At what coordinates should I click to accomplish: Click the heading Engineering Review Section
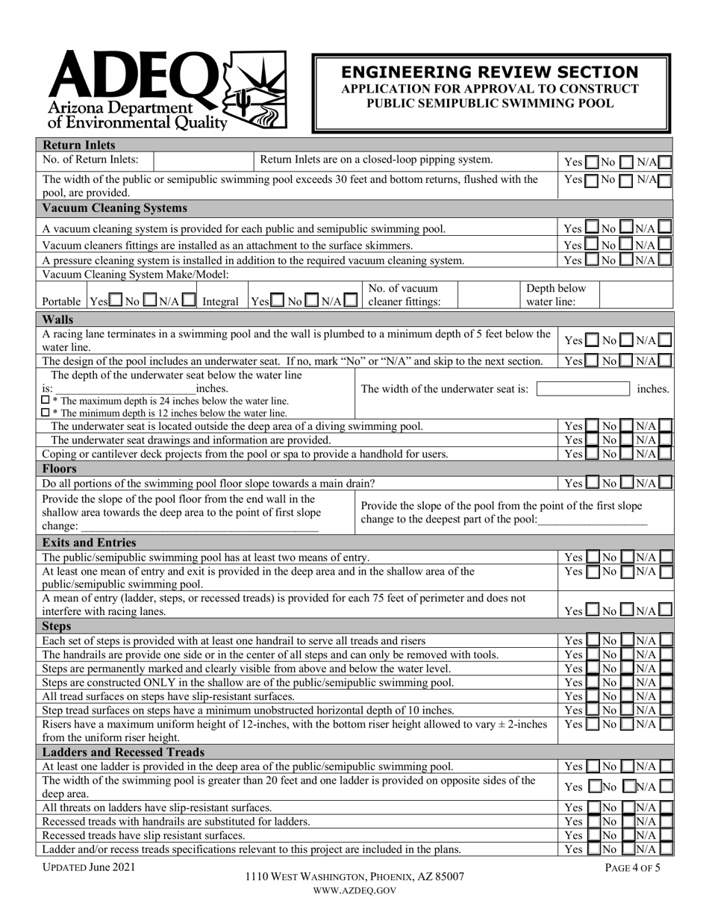point(490,72)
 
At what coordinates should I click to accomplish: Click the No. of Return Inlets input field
point(203,160)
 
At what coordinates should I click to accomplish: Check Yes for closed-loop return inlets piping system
point(591,161)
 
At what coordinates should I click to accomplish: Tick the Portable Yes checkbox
point(116,302)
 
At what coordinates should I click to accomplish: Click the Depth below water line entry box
point(635,296)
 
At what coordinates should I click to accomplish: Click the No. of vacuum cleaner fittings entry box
point(487,296)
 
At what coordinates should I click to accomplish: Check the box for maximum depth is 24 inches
point(46,401)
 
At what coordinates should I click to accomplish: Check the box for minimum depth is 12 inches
point(46,413)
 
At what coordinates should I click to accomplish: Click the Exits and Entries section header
point(90,543)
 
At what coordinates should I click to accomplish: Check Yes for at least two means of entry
point(591,557)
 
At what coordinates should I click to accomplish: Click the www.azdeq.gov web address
point(354,890)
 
